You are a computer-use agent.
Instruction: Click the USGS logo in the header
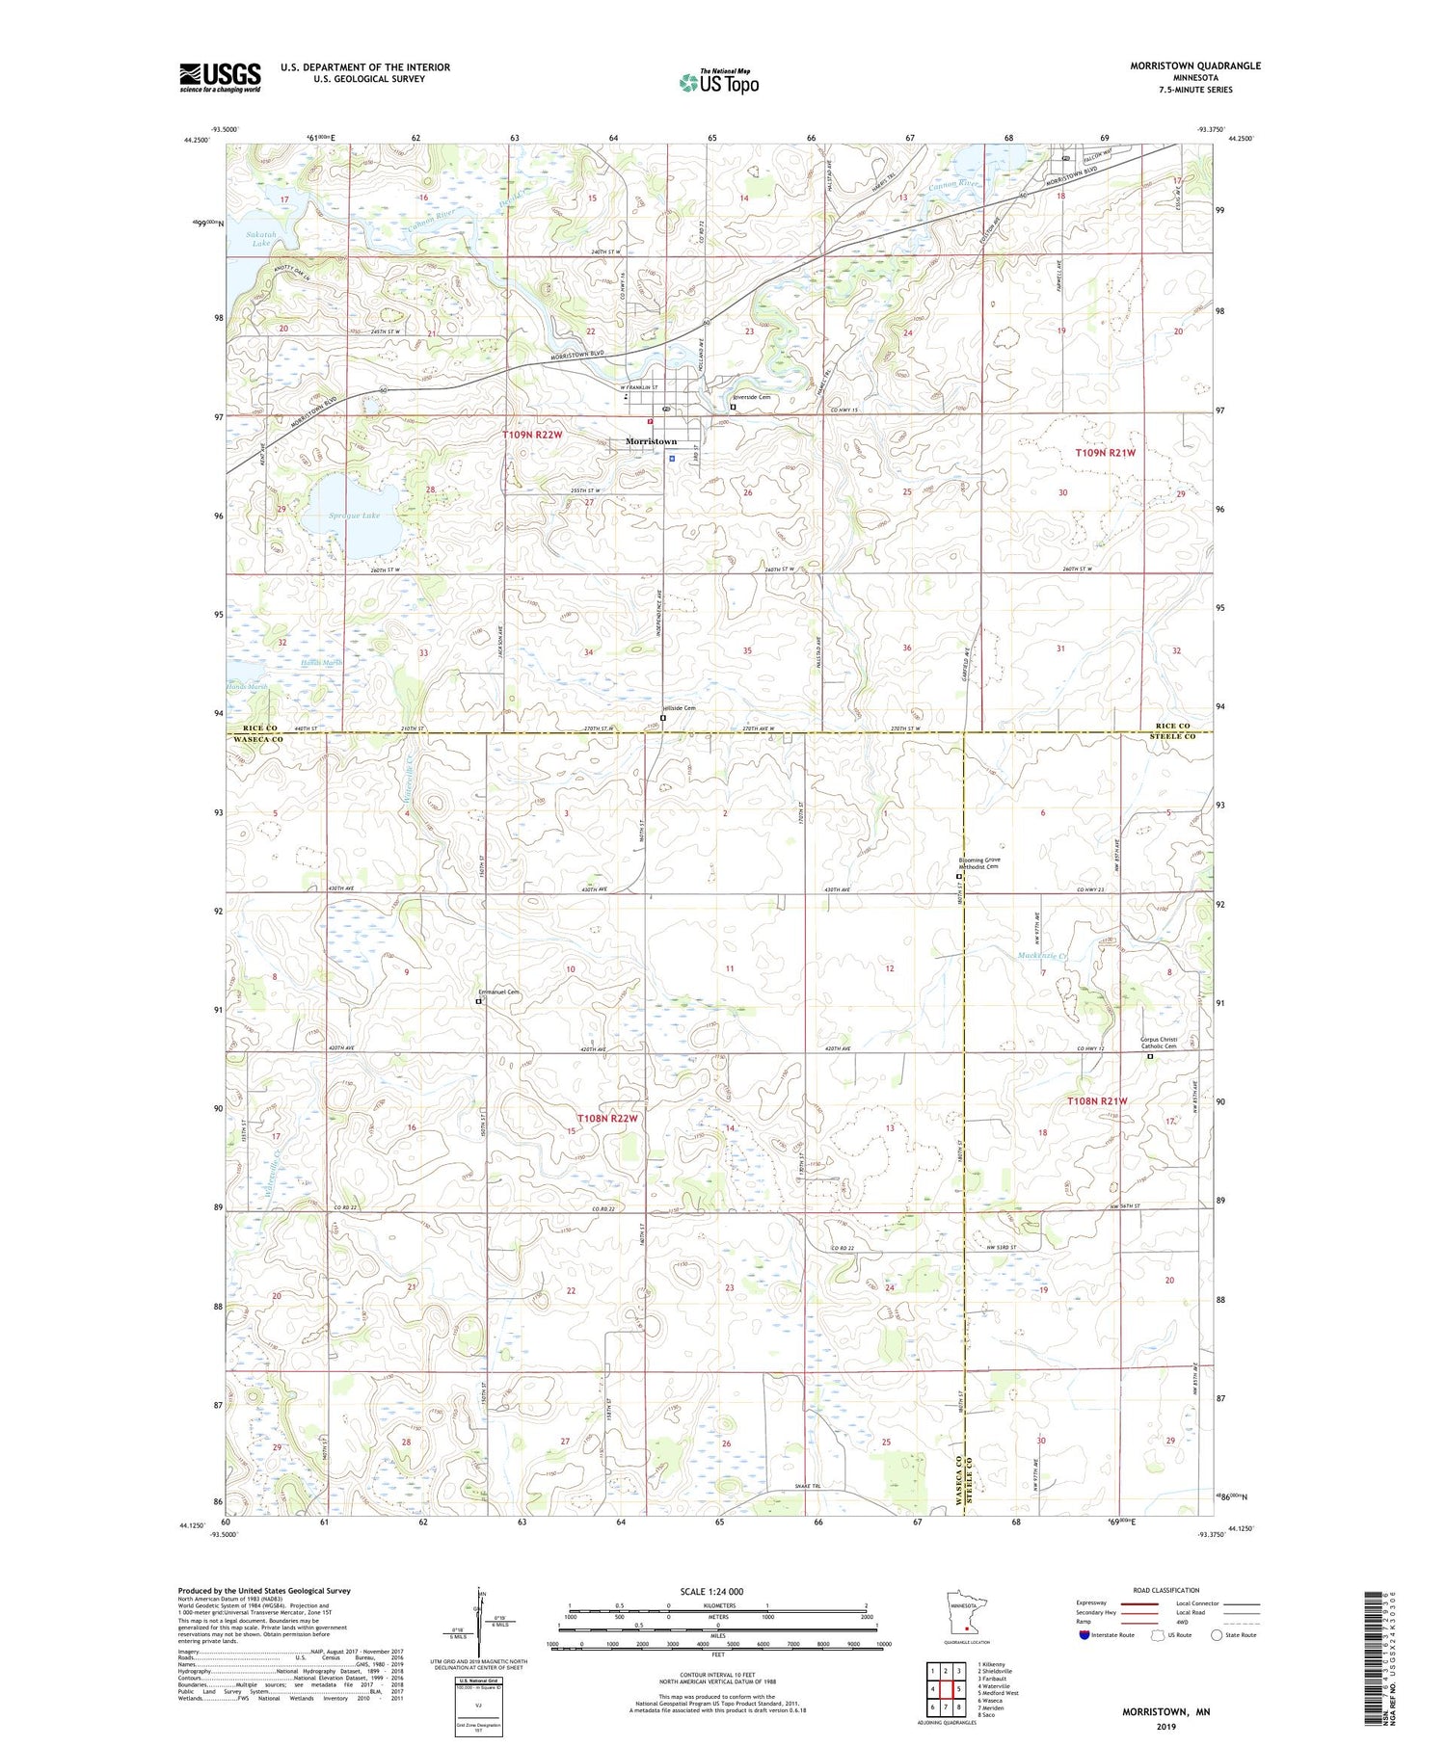tap(220, 76)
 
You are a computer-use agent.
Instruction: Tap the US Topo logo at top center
tap(718, 82)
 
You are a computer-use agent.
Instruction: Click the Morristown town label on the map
tap(652, 441)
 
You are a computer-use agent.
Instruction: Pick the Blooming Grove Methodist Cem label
tap(979, 863)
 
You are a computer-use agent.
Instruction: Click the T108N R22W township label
tap(607, 1118)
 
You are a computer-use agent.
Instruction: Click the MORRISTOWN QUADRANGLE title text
tap(1195, 66)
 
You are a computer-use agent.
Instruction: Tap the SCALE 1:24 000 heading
tap(718, 1591)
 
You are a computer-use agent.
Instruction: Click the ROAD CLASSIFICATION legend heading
tap(1166, 1590)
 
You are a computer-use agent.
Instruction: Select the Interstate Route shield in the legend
tap(1084, 1634)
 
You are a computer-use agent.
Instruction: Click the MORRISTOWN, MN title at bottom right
tap(1165, 1712)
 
